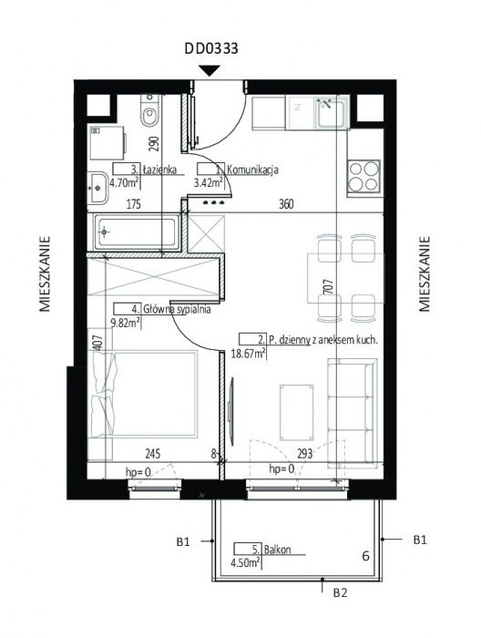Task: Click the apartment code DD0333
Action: (211, 49)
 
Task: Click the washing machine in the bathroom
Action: (107, 142)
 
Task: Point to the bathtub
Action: (137, 232)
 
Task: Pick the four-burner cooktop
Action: (363, 176)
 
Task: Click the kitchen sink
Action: (331, 112)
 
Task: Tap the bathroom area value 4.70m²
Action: (125, 182)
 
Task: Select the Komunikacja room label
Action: (252, 170)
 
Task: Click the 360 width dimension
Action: (286, 204)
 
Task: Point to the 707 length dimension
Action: (330, 286)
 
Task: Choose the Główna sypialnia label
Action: (177, 310)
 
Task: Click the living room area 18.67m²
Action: (249, 354)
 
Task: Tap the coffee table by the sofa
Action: (296, 413)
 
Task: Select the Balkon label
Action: (277, 550)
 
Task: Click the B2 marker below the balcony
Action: (341, 592)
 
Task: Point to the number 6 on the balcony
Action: (365, 556)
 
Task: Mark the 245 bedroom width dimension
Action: (152, 453)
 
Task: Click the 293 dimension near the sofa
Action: (304, 453)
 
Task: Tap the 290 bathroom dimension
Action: (154, 144)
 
